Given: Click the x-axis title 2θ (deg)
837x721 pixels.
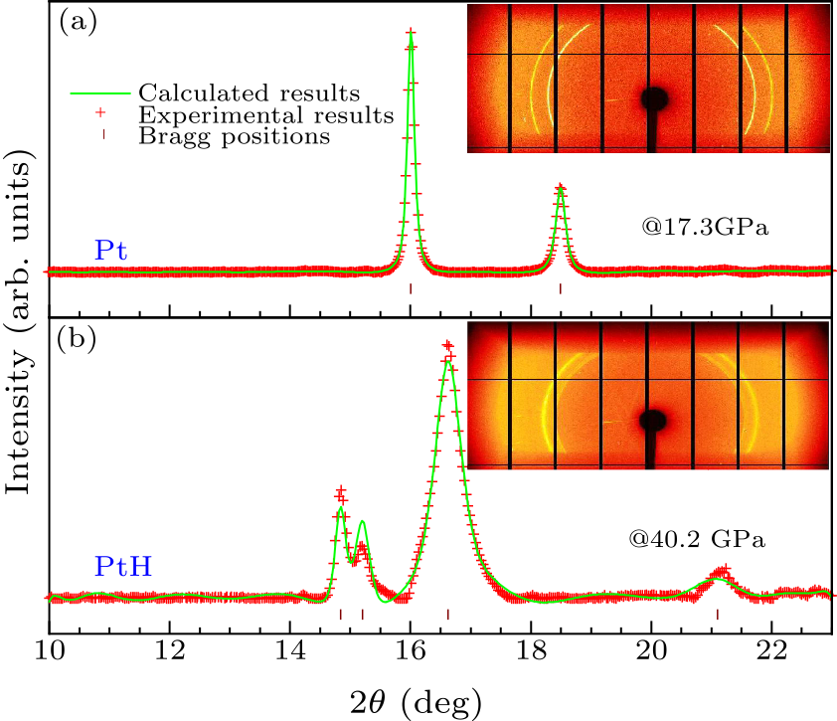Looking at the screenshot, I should click(x=411, y=698).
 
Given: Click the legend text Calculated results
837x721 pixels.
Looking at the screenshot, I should click(x=249, y=93).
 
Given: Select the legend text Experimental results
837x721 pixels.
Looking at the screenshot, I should click(x=267, y=116).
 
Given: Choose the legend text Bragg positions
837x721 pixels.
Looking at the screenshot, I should click(x=235, y=137).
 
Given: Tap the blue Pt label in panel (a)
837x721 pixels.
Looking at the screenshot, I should click(x=109, y=251).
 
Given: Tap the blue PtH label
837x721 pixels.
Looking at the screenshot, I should click(x=123, y=570).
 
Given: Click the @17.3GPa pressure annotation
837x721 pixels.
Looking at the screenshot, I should click(x=708, y=228).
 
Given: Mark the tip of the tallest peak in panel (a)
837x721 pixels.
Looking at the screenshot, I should click(x=411, y=33).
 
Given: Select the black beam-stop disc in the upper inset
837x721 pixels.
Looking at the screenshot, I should click(x=655, y=97).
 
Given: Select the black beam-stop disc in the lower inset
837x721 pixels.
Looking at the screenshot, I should click(x=653, y=421).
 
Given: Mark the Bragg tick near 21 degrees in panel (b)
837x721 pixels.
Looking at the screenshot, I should click(x=718, y=615).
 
